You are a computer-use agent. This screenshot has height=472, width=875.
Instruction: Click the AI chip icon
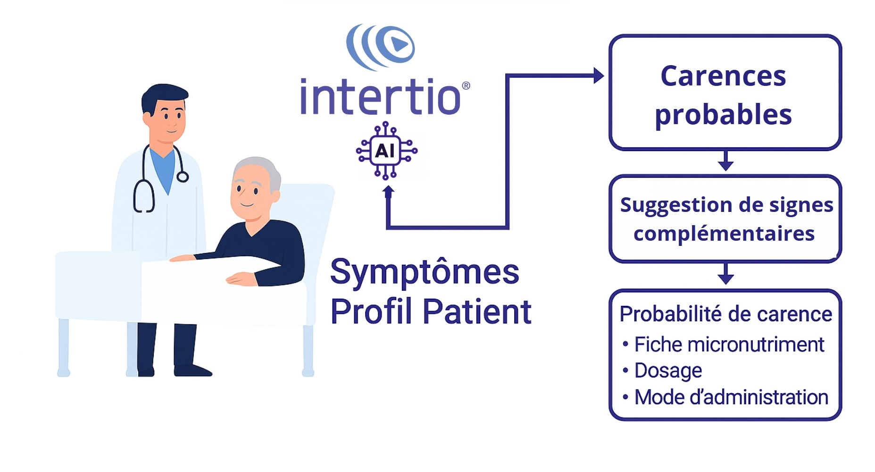(386, 151)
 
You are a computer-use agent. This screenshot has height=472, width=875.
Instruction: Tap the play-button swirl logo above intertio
(380, 47)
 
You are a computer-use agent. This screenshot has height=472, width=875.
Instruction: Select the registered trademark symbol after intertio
(466, 85)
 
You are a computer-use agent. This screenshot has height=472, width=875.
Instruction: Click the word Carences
(723, 76)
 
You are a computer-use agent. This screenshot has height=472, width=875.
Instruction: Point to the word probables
(723, 115)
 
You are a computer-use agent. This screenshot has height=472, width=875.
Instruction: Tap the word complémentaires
(724, 234)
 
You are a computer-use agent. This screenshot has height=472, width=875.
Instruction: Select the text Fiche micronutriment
(729, 345)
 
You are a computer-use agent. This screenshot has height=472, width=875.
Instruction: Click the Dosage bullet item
(662, 371)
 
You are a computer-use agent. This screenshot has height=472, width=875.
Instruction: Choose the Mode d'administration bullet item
(725, 397)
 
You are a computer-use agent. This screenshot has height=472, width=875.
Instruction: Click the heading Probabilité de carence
(725, 314)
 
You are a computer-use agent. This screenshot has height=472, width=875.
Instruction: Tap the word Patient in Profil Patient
(477, 312)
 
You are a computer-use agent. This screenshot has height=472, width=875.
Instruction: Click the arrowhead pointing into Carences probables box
(599, 76)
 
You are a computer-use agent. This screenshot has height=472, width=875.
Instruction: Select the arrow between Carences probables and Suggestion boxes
(725, 160)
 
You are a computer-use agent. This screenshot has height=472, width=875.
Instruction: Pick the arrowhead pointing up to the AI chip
(388, 191)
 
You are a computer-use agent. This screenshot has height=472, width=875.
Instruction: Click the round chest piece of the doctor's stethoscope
(183, 177)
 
